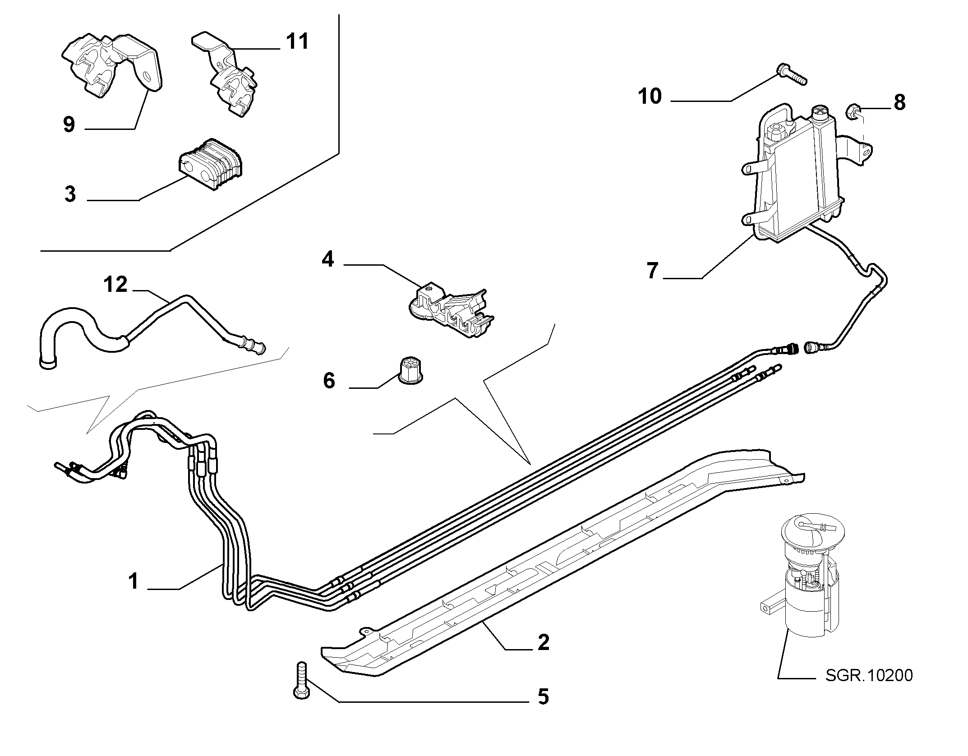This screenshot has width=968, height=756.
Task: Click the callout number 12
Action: [x=116, y=285]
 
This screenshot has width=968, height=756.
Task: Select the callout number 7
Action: [x=652, y=271]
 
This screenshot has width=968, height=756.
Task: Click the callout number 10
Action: [x=650, y=96]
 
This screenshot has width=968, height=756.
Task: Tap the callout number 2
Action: [x=544, y=642]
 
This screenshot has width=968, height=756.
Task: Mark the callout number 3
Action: [x=70, y=194]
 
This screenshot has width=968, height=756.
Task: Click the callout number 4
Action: [x=327, y=259]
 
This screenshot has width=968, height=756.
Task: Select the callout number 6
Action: [x=329, y=381]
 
